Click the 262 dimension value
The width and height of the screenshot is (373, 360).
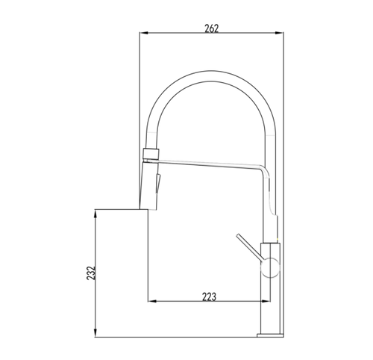[x=211, y=28]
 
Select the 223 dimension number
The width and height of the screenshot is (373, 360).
[x=209, y=297]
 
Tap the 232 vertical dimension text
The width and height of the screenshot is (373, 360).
[x=91, y=273]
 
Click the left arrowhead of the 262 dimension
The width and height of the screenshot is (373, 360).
[x=144, y=33]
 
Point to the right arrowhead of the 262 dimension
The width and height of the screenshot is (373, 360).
[x=279, y=33]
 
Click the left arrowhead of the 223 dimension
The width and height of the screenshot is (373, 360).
[x=152, y=301]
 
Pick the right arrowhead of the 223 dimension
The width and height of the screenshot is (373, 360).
[x=265, y=301]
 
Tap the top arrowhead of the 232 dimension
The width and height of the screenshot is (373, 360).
[x=95, y=214]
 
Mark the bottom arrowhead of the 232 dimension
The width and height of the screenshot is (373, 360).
[x=95, y=333]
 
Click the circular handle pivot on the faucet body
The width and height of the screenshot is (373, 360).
[x=270, y=267]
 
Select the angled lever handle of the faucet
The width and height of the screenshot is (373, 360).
[x=249, y=247]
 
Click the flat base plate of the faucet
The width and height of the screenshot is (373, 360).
[x=270, y=335]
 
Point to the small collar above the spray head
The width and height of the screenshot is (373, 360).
[x=151, y=153]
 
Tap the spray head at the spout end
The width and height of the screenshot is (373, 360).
[x=149, y=185]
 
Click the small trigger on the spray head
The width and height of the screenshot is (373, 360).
[x=158, y=182]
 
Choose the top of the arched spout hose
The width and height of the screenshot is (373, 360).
[x=211, y=76]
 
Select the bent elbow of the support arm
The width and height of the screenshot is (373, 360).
[x=266, y=172]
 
